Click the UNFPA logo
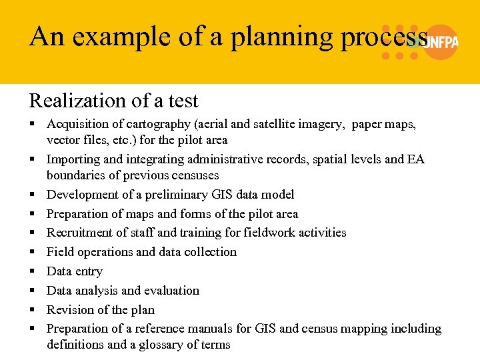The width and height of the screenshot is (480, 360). pyautogui.click(x=433, y=41)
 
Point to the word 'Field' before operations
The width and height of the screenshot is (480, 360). pyautogui.click(x=59, y=252)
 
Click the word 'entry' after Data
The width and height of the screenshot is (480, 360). pyautogui.click(x=89, y=271)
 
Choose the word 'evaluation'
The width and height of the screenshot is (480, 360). pyautogui.click(x=171, y=291)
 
